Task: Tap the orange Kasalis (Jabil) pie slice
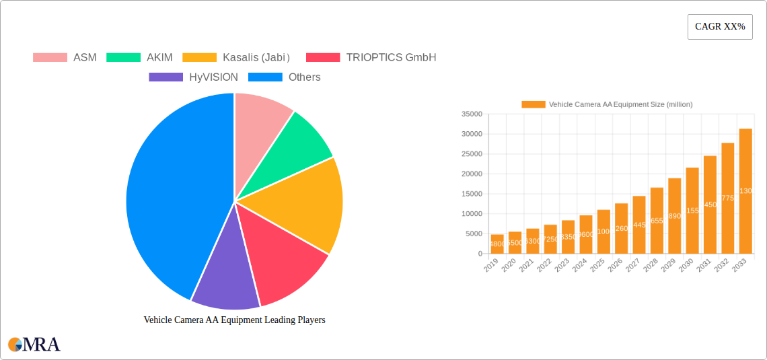point(303,202)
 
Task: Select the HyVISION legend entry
point(194,77)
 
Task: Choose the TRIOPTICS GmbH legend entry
point(371,58)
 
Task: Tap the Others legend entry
point(285,77)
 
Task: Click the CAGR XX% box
point(720,27)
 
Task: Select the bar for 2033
point(745,191)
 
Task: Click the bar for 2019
point(497,244)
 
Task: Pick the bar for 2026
point(621,228)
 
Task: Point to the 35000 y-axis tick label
point(472,114)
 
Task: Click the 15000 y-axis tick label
point(472,194)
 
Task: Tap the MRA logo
point(34,345)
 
